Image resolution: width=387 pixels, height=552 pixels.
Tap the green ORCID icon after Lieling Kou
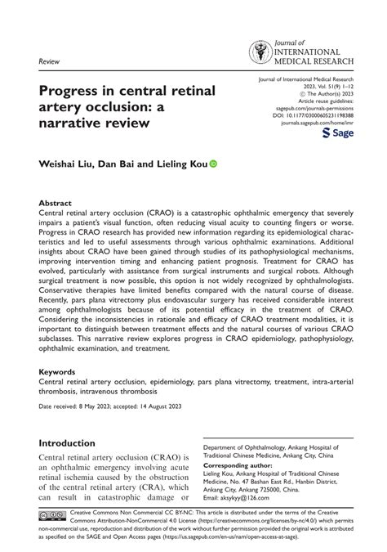(214, 164)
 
